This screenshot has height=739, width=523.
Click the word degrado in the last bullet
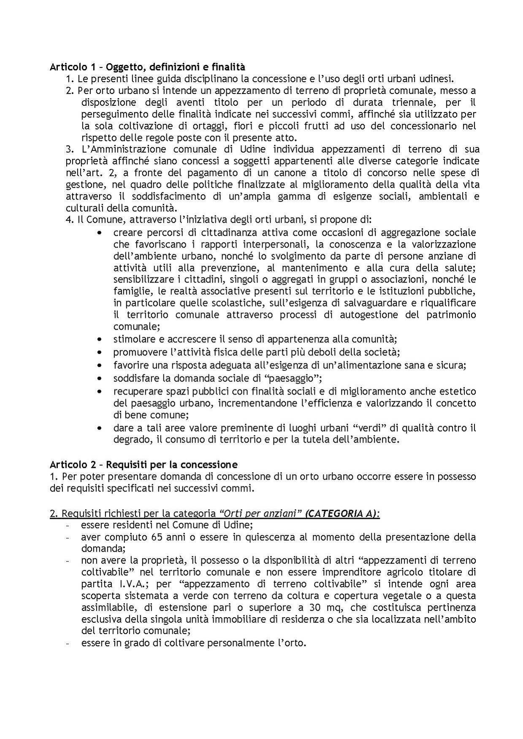click(129, 440)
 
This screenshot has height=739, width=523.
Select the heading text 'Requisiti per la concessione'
click(171, 465)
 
